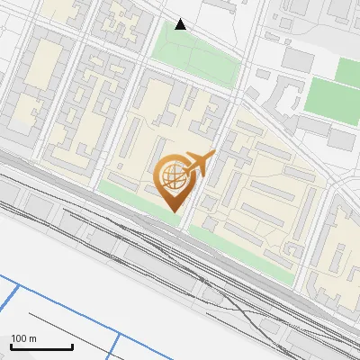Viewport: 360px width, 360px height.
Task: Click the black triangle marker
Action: pyautogui.click(x=181, y=24)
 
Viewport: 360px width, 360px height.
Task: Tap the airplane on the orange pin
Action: pyautogui.click(x=197, y=164)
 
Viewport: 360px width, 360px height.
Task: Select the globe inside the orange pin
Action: pyautogui.click(x=171, y=175)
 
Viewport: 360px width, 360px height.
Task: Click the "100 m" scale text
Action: pyautogui.click(x=23, y=338)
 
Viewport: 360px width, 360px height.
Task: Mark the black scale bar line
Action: pyautogui.click(x=41, y=346)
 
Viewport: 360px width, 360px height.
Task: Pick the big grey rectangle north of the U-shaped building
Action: pyautogui.click(x=297, y=59)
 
